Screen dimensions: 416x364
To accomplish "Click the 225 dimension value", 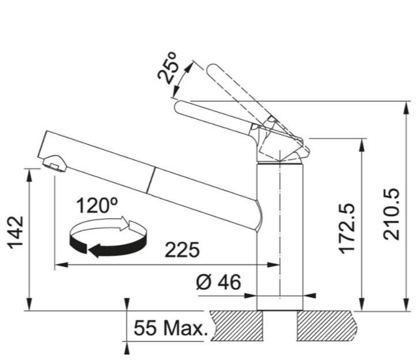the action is (182, 250).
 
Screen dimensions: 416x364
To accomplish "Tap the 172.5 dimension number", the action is (347, 229).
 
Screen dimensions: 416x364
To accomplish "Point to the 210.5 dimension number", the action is (391, 214).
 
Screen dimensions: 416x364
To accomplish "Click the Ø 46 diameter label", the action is (218, 282).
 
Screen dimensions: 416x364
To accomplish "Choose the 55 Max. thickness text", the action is (171, 328).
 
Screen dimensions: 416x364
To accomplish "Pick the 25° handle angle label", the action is (168, 68).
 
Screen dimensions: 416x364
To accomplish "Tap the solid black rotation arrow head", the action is (94, 251).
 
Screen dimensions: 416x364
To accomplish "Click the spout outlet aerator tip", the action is (54, 163).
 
